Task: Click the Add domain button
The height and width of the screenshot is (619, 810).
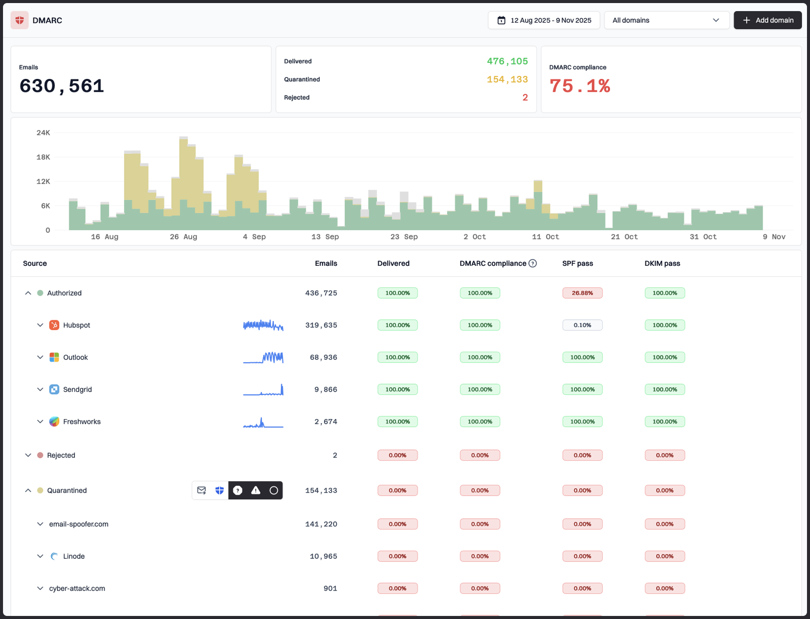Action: click(767, 20)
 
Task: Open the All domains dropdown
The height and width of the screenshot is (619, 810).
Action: click(666, 20)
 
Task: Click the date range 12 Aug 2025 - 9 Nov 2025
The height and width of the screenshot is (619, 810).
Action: click(544, 20)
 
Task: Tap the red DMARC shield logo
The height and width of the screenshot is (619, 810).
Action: click(20, 20)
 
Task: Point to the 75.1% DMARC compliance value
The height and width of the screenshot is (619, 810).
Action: click(580, 86)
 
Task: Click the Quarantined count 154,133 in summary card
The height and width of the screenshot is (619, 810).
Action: click(507, 79)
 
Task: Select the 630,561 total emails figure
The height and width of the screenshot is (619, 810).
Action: click(62, 86)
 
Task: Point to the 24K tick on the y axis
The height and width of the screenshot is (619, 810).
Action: click(43, 133)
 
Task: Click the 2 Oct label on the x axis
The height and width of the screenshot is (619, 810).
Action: click(474, 237)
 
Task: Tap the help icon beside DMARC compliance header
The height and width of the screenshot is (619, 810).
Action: click(533, 263)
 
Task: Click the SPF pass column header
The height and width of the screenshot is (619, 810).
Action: click(577, 263)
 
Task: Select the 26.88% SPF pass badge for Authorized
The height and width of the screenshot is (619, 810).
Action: click(582, 293)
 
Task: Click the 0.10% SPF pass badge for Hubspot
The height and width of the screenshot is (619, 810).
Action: click(582, 325)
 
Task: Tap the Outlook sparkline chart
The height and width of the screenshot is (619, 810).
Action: click(263, 357)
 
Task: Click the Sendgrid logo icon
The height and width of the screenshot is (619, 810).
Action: click(54, 389)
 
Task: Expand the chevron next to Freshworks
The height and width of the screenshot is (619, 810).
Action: click(40, 422)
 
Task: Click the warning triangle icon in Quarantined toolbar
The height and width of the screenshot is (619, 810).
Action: click(256, 490)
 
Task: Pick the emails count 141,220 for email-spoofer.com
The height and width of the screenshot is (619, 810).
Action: click(321, 524)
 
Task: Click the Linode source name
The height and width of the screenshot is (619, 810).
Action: click(74, 556)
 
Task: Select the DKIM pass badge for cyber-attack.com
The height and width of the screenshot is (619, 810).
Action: click(664, 588)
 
